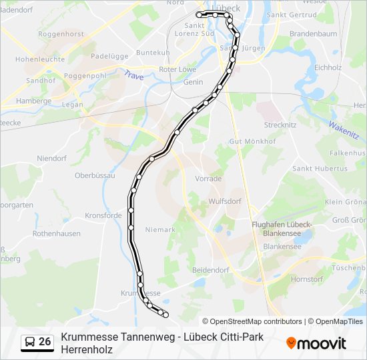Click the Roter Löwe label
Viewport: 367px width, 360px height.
[x=177, y=69]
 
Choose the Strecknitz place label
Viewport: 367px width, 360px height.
[x=280, y=125]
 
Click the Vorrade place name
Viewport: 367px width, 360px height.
[x=208, y=179]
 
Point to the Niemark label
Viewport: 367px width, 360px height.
[x=159, y=229]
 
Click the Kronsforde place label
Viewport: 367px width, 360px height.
[x=103, y=215]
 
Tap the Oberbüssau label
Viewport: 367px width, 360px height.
[x=95, y=175]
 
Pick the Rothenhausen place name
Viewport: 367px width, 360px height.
[x=57, y=233]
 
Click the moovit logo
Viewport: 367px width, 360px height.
[x=316, y=343]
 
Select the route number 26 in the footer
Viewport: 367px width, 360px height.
[x=45, y=342]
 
